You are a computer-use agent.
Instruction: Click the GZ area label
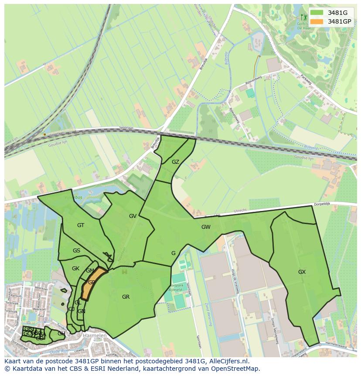[x=175, y=162]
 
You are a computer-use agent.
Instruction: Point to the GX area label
[x=302, y=272]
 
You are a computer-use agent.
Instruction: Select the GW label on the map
[x=206, y=227]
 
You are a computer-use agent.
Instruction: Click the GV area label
[x=133, y=216]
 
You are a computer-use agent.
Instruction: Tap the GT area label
[x=81, y=225]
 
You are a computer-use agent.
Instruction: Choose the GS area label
[x=76, y=251]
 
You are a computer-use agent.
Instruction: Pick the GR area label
[x=126, y=297]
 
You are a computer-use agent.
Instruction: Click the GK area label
[x=75, y=268]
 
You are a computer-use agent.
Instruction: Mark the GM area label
[x=90, y=271]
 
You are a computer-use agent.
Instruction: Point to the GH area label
[x=61, y=333]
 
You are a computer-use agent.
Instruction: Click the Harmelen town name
[x=94, y=336]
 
